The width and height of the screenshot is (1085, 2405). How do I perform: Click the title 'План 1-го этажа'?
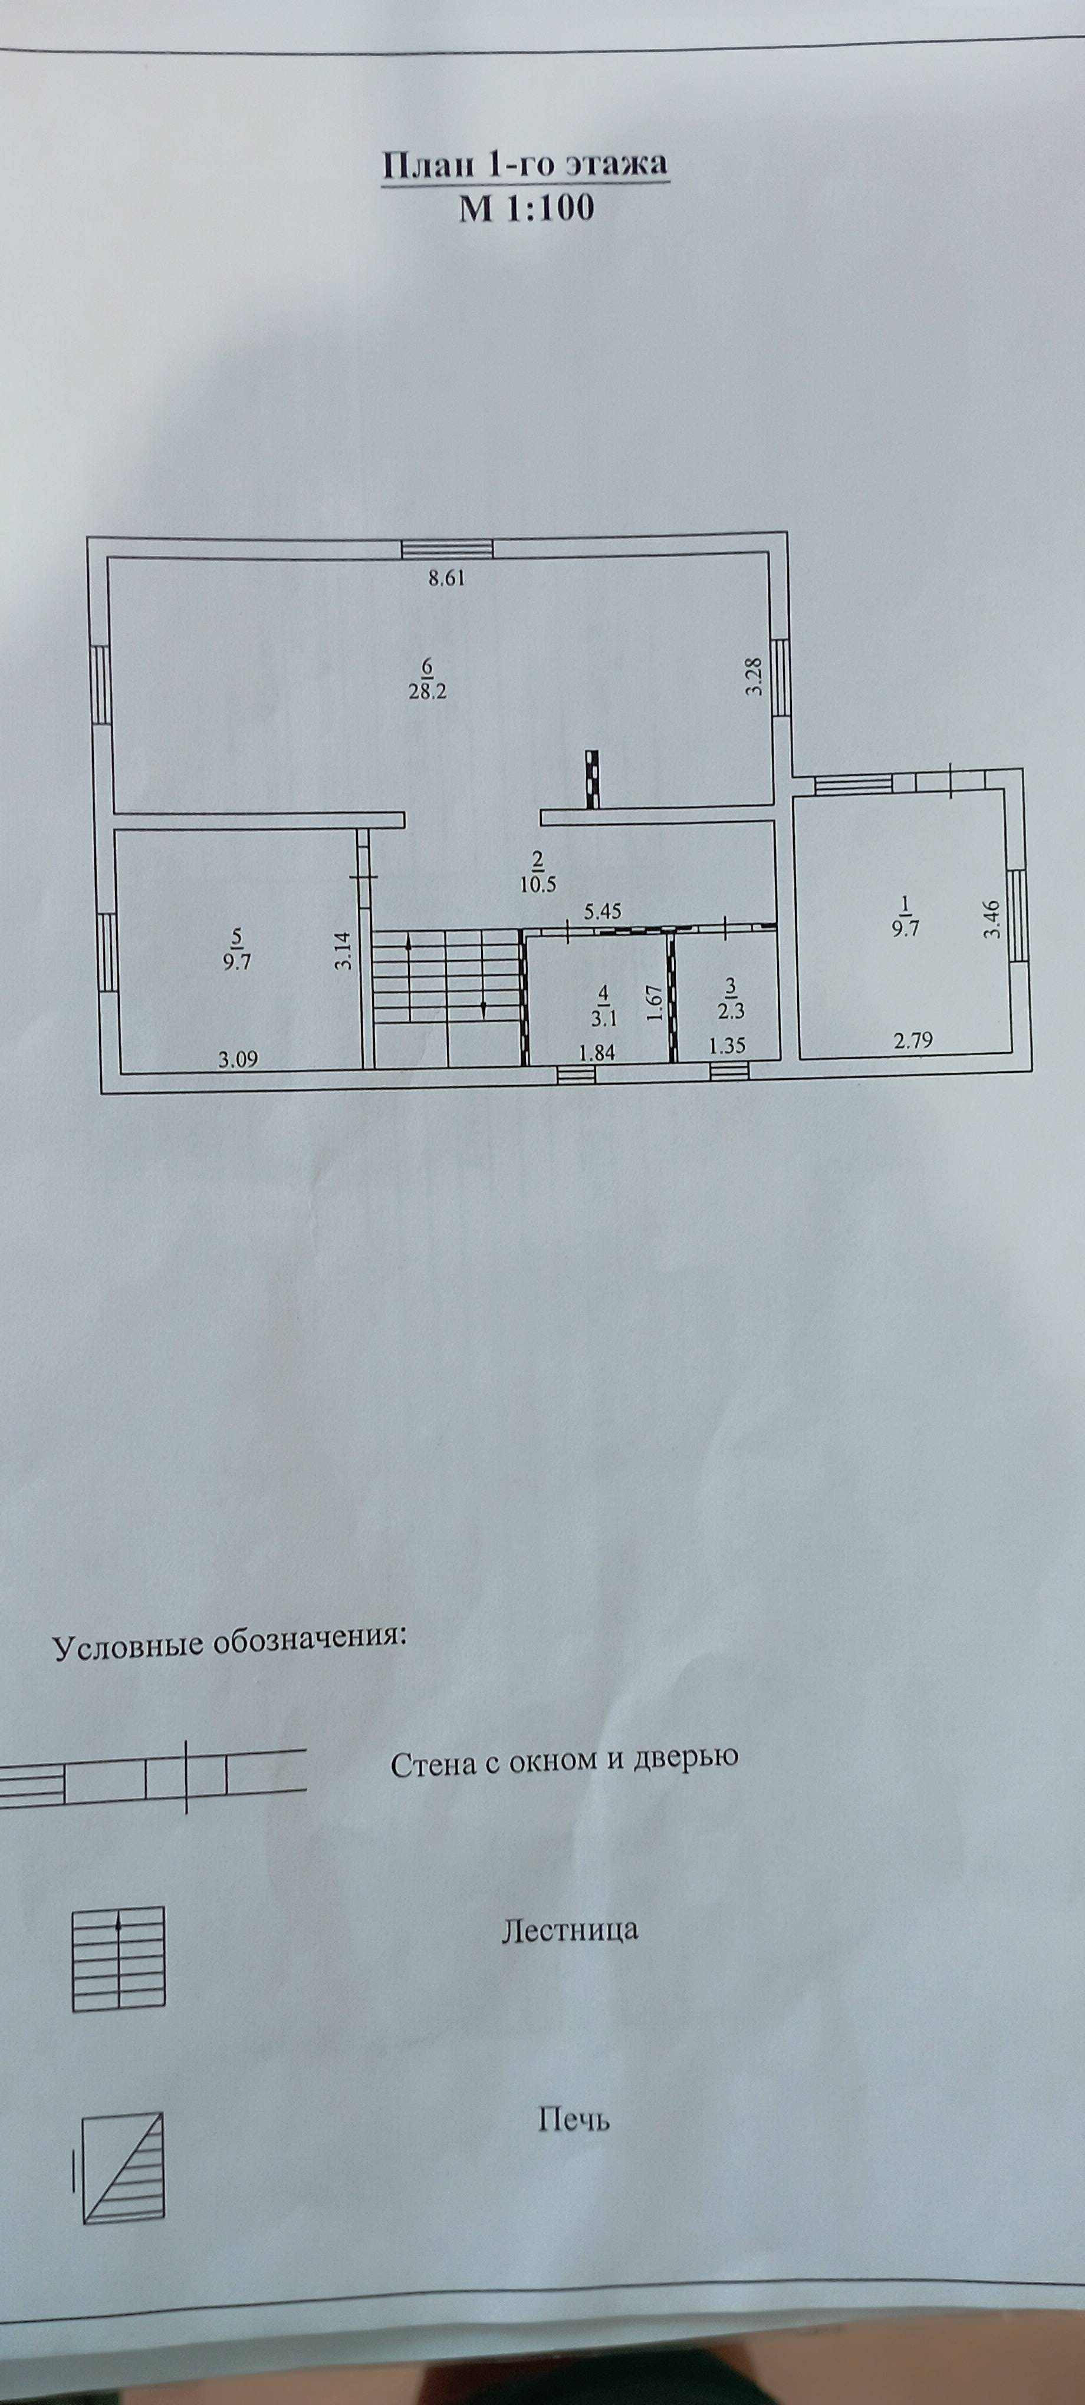tap(525, 164)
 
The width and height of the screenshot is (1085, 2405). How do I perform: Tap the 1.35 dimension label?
tap(728, 1046)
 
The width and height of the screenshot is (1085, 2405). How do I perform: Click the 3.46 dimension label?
tap(992, 919)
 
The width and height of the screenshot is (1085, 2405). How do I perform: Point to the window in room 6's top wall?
tap(447, 548)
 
